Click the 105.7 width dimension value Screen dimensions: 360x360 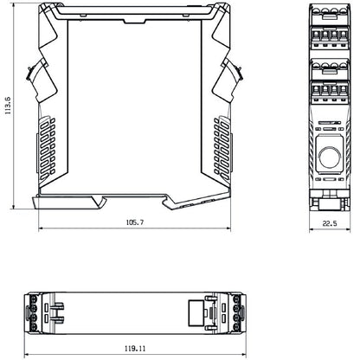pos(134,222)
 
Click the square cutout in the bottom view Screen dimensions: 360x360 pos(196,312)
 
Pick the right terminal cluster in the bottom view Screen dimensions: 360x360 pos(235,312)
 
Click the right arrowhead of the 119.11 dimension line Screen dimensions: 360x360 pos(242,355)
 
